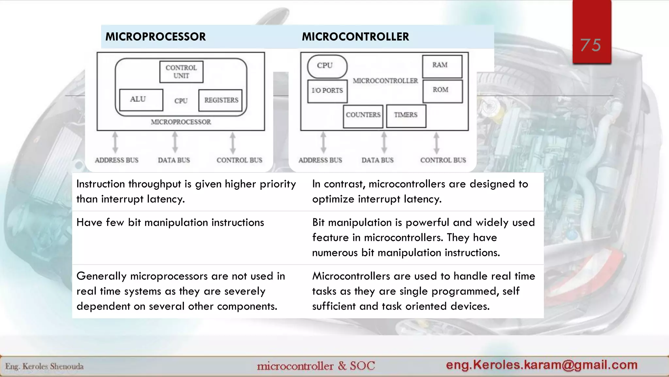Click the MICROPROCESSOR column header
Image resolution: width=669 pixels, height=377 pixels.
[155, 37]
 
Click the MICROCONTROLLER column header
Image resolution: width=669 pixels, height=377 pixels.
[355, 37]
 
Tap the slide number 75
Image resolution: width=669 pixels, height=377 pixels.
[591, 45]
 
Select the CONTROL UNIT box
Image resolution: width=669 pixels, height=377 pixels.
[181, 72]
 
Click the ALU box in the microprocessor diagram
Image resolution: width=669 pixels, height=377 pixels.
[141, 99]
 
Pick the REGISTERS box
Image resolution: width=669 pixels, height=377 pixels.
[221, 100]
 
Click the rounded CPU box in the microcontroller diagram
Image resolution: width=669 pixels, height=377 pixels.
[327, 66]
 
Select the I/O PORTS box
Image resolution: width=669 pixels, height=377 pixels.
[327, 91]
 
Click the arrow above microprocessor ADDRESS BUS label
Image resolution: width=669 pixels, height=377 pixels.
[115, 142]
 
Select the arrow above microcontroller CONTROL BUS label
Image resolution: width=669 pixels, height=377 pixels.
[436, 142]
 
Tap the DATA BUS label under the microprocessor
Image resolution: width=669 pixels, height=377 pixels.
[174, 160]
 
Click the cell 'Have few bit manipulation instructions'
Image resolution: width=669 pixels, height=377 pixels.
[170, 223]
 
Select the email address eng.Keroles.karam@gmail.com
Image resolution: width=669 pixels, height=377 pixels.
[542, 365]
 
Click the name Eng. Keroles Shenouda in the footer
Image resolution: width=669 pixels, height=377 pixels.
[44, 367]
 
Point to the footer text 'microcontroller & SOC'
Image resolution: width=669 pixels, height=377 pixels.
[316, 366]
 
